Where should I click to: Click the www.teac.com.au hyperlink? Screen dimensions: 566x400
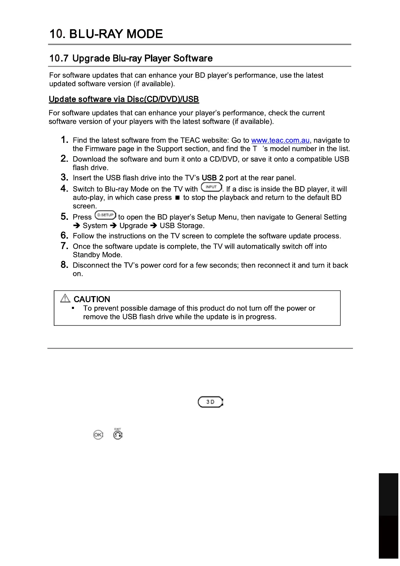pos(280,140)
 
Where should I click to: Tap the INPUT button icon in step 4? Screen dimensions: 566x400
pos(211,187)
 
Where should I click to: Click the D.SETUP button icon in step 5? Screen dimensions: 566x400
pos(105,215)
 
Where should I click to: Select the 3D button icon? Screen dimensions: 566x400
pos(210,402)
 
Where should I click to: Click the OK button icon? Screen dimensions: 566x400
pos(98,435)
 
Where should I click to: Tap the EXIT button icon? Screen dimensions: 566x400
pos(118,435)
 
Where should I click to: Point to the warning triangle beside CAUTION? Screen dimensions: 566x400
pos(65,298)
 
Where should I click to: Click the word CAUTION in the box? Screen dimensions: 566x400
pos(92,299)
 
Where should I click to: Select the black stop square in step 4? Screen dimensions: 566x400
pos(177,198)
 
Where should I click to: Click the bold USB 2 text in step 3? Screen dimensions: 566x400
pos(212,178)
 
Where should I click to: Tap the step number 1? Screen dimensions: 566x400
pos(65,140)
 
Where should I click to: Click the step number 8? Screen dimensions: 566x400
pos(65,265)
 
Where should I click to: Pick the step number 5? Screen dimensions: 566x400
pos(65,217)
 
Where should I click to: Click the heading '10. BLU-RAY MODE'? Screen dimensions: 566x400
pos(106,34)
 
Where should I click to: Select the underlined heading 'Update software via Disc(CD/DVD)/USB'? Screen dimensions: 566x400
pos(124,99)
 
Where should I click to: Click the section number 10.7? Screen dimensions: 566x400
pos(59,58)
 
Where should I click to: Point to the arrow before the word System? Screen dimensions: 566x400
pos(77,226)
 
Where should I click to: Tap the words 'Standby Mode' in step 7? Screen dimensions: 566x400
pos(97,255)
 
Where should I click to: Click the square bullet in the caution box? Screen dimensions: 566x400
pos(73,308)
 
